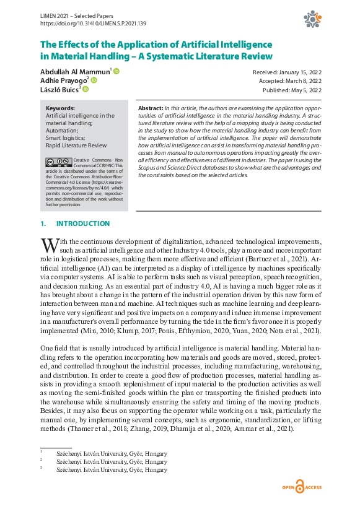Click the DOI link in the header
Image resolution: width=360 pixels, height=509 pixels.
[93, 23]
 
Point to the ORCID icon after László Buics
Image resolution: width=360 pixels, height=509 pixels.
[86, 89]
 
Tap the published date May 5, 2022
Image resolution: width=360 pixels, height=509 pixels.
[292, 90]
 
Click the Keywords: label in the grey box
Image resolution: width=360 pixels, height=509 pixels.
[61, 108]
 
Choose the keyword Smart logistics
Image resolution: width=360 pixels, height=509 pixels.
[66, 137]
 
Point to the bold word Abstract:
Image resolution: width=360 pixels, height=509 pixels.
[151, 108]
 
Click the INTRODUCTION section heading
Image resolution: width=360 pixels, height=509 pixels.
[83, 224]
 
